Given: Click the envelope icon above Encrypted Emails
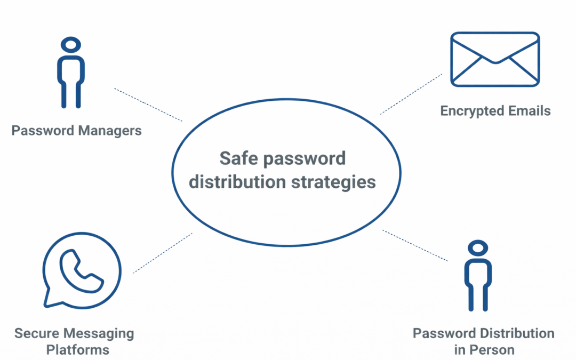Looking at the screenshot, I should coord(495,59).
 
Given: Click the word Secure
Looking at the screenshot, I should coord(37,334).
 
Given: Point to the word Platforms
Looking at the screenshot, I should coord(77,350).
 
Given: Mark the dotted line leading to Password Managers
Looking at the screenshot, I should coord(148,105).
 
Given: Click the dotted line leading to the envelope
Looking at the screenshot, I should coord(411,94).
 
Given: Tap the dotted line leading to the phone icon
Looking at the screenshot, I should coord(163,253).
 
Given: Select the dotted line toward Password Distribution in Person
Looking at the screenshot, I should coord(415,245).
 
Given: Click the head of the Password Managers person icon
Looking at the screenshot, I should coord(71,45).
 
